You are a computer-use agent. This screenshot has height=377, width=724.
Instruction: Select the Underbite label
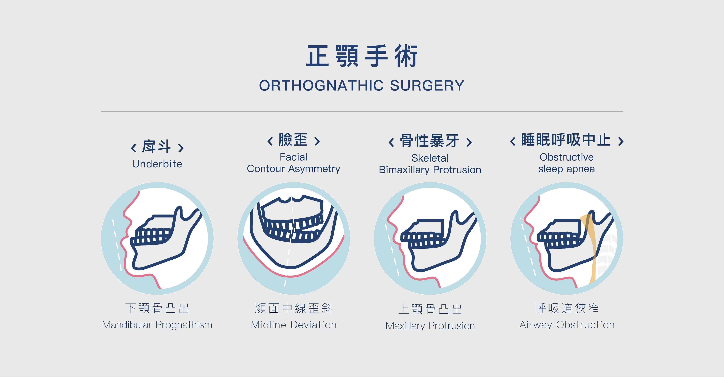click(x=157, y=164)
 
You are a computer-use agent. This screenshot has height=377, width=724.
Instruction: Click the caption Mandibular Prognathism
click(x=157, y=325)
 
